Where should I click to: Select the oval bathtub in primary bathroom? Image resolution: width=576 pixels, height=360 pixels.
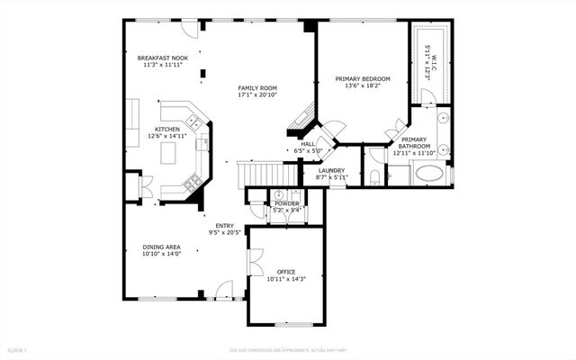(x=428, y=173)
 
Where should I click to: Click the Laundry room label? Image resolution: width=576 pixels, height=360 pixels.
(x=331, y=170)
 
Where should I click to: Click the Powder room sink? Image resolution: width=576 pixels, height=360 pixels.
(x=279, y=194)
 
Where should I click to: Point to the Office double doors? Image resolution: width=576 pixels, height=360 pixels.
(x=255, y=264)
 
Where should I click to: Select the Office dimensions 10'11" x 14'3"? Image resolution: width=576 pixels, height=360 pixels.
(x=286, y=279)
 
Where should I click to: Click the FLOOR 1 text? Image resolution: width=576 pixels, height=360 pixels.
(x=18, y=349)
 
